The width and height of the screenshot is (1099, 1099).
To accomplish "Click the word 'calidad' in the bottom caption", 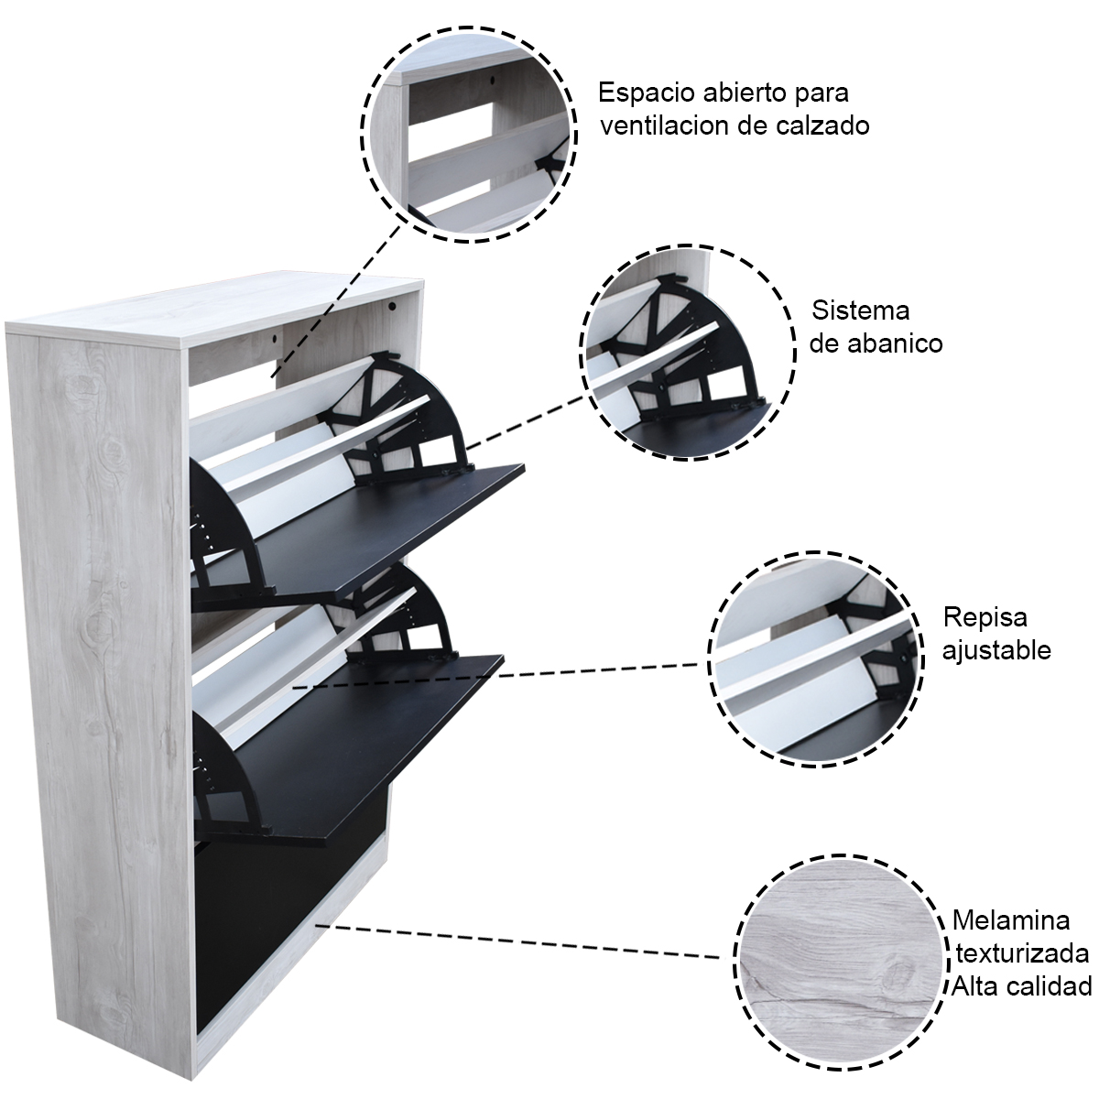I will [1052, 985].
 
